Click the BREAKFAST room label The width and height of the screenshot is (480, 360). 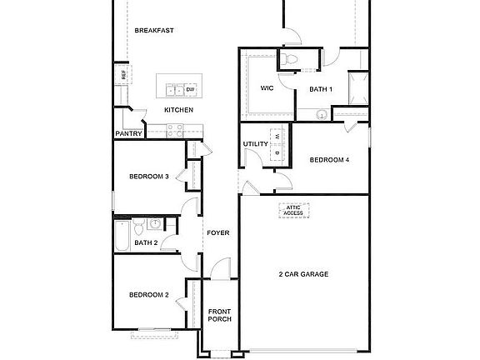tap(154, 30)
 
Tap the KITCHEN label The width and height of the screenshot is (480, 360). tap(178, 110)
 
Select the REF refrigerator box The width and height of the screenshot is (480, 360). tap(123, 74)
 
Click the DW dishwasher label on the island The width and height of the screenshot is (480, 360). tap(190, 89)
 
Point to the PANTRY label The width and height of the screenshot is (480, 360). tap(128, 132)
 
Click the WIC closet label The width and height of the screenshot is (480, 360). tap(267, 87)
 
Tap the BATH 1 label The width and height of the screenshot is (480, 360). tap(321, 89)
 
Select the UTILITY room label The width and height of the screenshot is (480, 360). tap(255, 144)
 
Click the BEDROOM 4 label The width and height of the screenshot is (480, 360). tap(328, 160)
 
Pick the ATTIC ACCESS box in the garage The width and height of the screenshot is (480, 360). tap(292, 211)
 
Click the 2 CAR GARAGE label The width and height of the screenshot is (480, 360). tap(303, 273)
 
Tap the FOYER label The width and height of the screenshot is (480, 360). tap(218, 232)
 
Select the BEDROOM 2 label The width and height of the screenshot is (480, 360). tap(149, 294)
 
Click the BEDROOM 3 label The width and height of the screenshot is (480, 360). tap(149, 176)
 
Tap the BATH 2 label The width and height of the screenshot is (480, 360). tap(146, 242)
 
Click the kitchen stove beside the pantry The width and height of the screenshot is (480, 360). tap(176, 130)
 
